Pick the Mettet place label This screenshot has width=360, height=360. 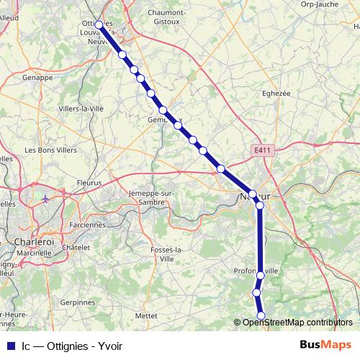point(146,315)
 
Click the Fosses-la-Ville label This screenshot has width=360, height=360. point(166,253)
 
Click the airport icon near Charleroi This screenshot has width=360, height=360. point(46,199)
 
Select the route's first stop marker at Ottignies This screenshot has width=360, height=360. point(99,24)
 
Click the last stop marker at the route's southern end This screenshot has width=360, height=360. point(261,315)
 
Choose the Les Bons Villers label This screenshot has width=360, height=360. point(52,150)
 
